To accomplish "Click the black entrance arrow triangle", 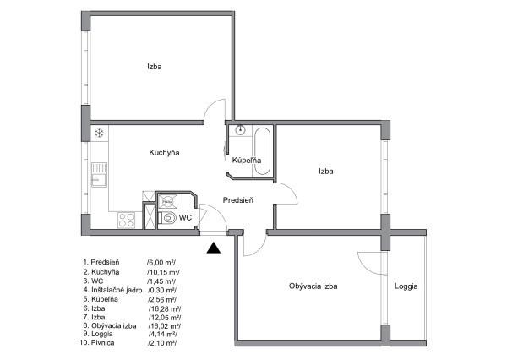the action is [x=214, y=248].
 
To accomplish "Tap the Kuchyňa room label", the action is [x=164, y=153].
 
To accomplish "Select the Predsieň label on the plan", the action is [x=238, y=200].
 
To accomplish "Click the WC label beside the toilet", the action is [x=185, y=218].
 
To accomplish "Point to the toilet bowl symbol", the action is [x=167, y=218].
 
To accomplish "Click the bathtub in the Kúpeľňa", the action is [x=262, y=151].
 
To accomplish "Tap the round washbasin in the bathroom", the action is [x=240, y=129].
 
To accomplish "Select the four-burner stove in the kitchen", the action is [x=126, y=221].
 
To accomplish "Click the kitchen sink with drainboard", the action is [x=99, y=175].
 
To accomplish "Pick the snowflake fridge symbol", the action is [x=99, y=133].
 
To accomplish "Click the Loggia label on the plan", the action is [x=406, y=286].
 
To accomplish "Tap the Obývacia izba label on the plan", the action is [x=313, y=286].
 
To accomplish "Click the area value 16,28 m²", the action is [x=165, y=308].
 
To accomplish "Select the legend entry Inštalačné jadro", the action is [x=117, y=290].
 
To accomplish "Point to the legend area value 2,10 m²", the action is [x=162, y=343].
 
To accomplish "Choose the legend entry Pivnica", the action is [x=102, y=343].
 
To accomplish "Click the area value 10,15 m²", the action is [x=163, y=272].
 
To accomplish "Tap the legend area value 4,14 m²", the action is [x=162, y=334].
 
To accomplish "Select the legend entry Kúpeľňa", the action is [x=105, y=299].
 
